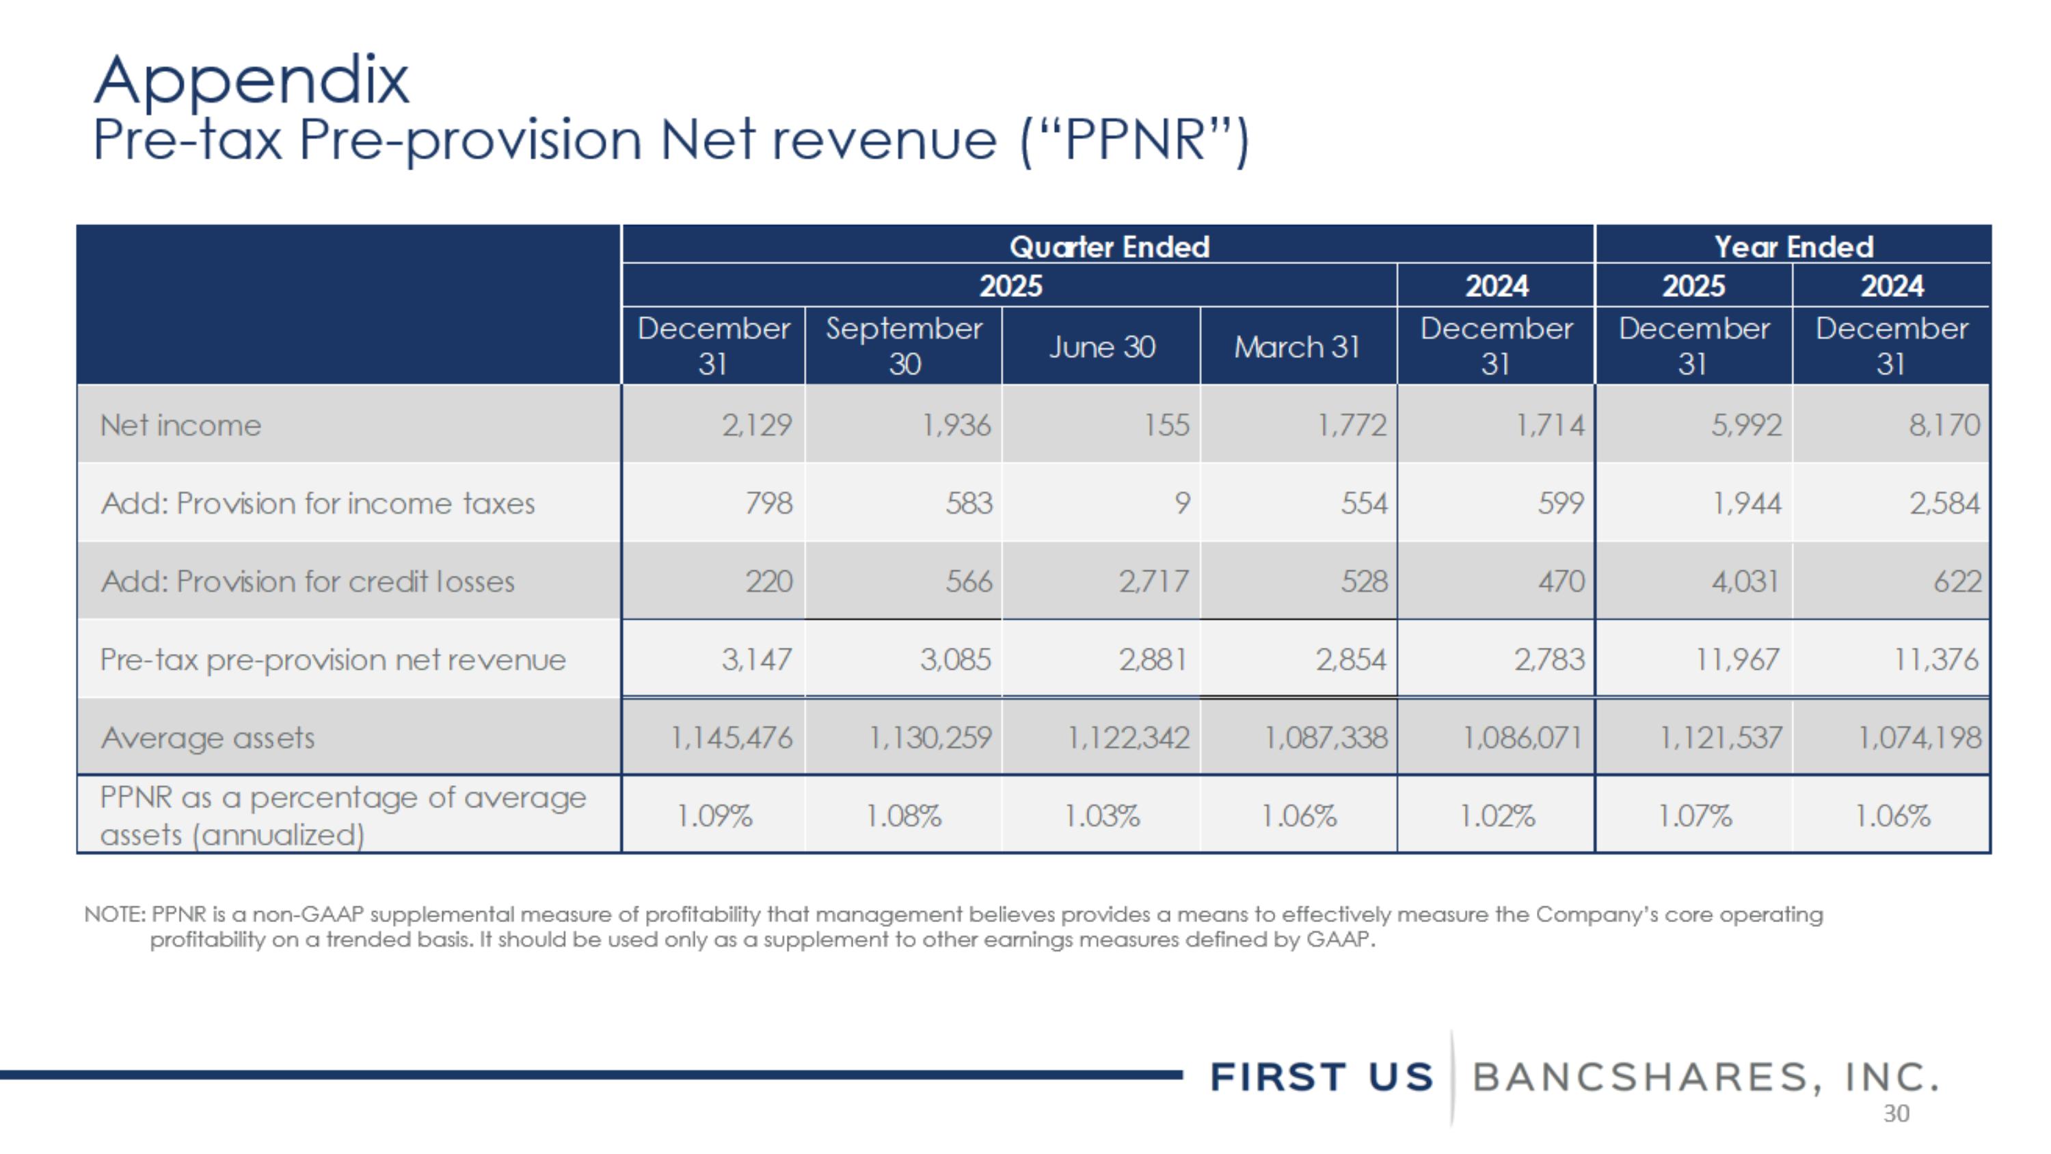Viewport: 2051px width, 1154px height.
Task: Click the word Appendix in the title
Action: (252, 81)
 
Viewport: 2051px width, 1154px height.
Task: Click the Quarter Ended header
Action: (1109, 247)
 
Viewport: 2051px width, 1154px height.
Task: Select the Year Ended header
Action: (1793, 247)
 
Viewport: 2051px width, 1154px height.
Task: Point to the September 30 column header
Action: (904, 345)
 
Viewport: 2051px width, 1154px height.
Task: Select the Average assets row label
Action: (208, 738)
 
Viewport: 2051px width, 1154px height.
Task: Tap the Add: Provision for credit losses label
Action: (308, 582)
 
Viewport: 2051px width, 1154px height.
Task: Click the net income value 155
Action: (1166, 425)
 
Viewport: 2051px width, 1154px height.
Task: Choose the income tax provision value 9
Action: (1182, 503)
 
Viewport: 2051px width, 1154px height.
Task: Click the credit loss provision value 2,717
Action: (1154, 582)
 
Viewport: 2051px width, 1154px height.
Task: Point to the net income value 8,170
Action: (1944, 425)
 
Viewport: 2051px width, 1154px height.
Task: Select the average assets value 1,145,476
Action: (732, 738)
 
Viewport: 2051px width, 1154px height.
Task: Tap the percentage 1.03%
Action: (1102, 816)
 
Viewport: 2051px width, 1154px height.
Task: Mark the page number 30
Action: (1896, 1114)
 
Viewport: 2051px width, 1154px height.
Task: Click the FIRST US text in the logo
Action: (1322, 1077)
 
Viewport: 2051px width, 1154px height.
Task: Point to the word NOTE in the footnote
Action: (114, 915)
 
